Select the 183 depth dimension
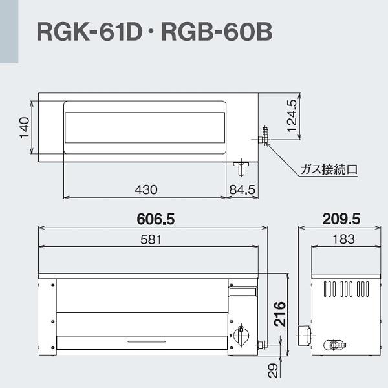343,239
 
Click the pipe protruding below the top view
241,168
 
